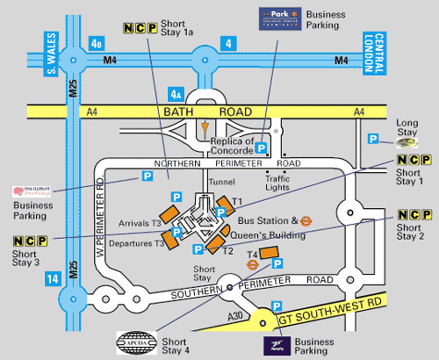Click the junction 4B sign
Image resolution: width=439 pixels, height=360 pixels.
[97, 41]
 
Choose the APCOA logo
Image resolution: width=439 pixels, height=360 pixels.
[134, 340]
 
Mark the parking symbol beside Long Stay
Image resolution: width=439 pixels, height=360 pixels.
[372, 139]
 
